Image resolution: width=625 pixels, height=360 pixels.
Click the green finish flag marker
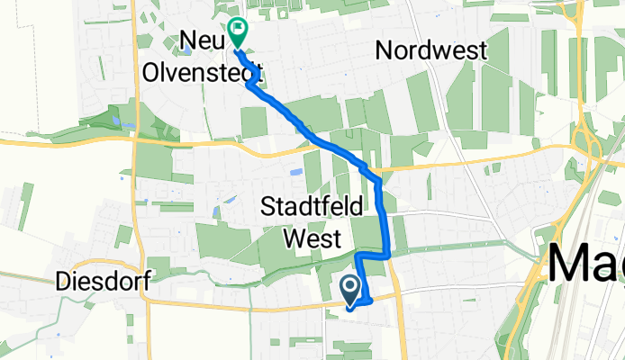(x=237, y=31)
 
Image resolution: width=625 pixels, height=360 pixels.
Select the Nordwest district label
(x=432, y=51)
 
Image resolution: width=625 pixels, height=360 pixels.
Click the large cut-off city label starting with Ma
(x=585, y=266)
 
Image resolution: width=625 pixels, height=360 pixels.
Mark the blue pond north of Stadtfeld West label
(x=296, y=171)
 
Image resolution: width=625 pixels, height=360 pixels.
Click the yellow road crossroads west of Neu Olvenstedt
(x=134, y=139)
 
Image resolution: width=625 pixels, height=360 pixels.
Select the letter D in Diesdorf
(x=62, y=281)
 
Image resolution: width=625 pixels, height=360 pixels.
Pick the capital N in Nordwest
(x=385, y=51)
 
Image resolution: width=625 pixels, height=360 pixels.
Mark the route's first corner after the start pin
(x=369, y=301)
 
